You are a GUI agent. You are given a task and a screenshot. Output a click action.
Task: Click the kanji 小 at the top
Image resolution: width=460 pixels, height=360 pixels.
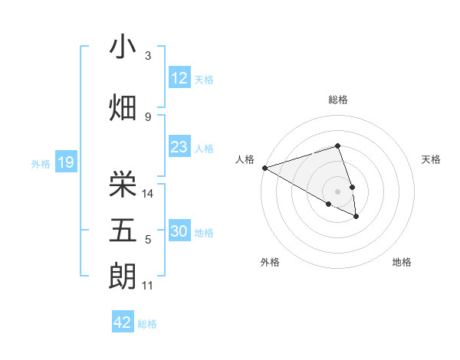(x=123, y=47)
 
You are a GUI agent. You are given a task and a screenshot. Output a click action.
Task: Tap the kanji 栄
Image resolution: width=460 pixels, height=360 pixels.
(x=123, y=184)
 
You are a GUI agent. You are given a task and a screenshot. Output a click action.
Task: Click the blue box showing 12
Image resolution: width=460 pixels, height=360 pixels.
(x=179, y=78)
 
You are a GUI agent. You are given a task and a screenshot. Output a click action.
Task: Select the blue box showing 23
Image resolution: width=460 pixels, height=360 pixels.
(x=179, y=147)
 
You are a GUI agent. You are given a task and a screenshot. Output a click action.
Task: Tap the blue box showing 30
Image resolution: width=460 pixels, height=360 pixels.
(x=179, y=231)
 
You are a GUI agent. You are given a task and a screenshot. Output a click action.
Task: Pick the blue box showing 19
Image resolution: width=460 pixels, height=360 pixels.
(x=65, y=162)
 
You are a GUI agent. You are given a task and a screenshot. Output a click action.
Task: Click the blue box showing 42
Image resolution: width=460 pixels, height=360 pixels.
(x=123, y=322)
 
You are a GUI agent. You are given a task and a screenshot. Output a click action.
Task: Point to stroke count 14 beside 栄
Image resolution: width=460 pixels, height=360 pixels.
(x=149, y=194)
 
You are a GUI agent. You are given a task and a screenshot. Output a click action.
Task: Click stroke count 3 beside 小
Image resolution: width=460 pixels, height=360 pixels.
(x=148, y=56)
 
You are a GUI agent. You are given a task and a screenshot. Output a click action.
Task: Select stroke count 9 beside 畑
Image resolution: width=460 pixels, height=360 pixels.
(x=148, y=116)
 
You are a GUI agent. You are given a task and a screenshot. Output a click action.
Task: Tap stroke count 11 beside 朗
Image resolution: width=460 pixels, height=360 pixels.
(x=148, y=286)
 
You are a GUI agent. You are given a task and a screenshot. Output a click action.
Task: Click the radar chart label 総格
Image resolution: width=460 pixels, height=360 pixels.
(x=337, y=100)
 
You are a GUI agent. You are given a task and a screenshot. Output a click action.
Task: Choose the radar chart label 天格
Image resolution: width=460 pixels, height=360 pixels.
(x=432, y=159)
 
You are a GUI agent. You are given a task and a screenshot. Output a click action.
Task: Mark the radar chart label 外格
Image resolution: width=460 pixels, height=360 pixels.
(x=270, y=262)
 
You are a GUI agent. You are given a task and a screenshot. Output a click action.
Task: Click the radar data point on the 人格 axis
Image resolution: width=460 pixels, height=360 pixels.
(x=264, y=168)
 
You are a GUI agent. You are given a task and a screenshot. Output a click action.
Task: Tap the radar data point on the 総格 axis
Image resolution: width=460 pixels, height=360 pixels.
(x=337, y=146)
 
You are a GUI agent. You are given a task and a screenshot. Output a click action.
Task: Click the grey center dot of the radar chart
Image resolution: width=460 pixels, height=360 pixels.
(x=337, y=191)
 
